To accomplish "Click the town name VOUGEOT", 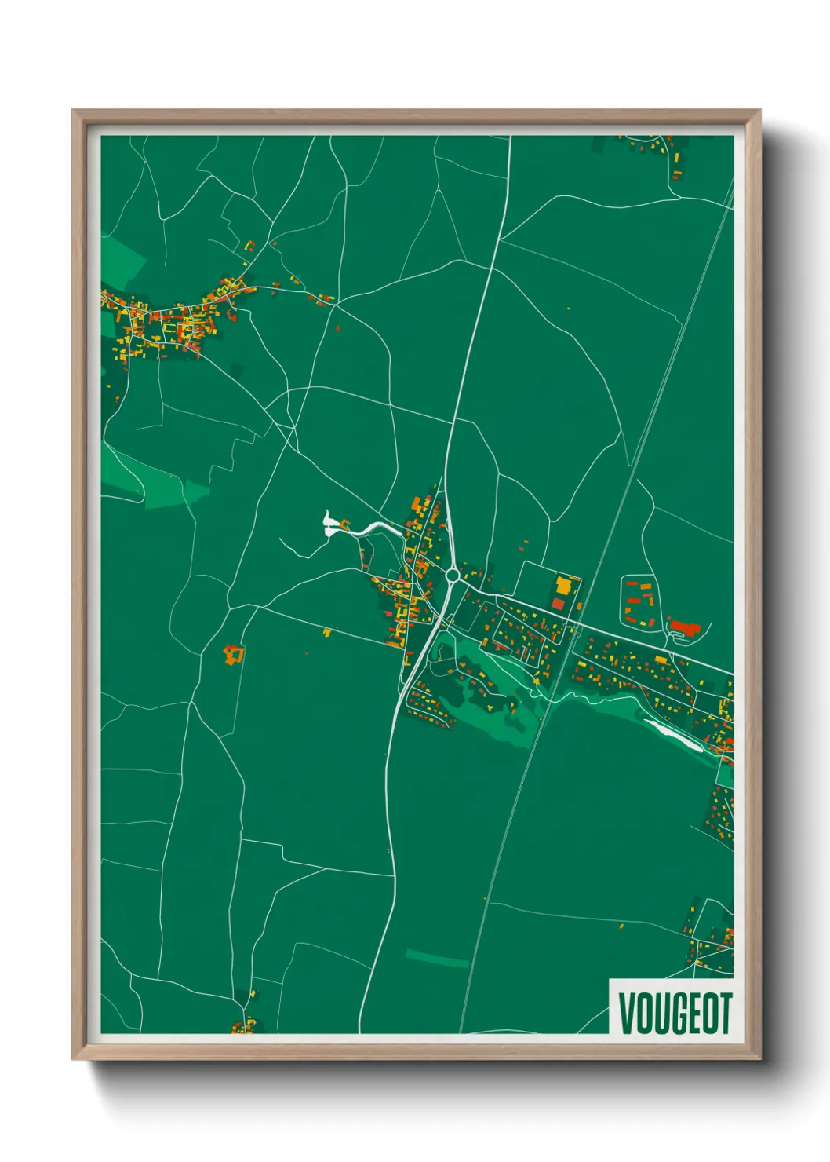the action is click(675, 1013).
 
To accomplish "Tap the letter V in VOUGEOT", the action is click(627, 1013).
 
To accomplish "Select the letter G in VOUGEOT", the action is click(674, 1013).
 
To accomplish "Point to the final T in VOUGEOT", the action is click(724, 1013).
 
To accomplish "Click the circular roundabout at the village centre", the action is click(453, 576).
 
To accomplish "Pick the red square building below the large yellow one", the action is click(558, 604).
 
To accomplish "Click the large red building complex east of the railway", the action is click(685, 627).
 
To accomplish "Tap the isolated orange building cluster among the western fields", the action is click(232, 654).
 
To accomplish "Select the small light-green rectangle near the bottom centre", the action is click(436, 959).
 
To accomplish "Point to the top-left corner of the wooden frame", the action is click(73, 111).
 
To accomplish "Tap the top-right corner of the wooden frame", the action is click(759, 111).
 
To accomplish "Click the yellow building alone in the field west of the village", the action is click(327, 631).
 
